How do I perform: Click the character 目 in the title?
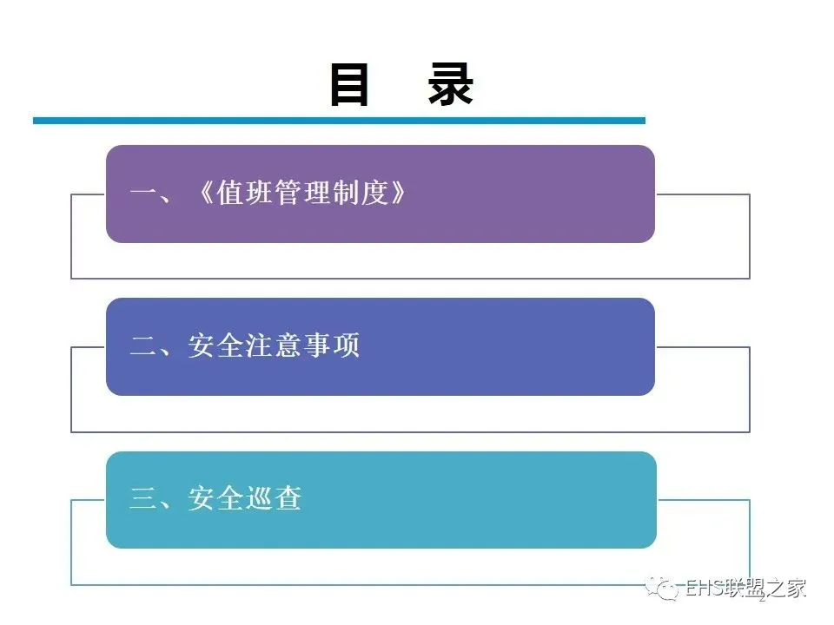pos(350,85)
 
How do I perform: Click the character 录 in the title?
pos(450,85)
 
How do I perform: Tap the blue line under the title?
pos(339,121)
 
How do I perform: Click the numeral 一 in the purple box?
pos(142,194)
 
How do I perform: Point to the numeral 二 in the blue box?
pos(142,347)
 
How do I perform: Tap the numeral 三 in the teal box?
pos(142,500)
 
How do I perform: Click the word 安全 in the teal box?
pos(215,500)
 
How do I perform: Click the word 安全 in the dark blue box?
pos(215,347)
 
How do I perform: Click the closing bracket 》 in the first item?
pos(397,194)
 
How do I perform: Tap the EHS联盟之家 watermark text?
pos(746,589)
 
